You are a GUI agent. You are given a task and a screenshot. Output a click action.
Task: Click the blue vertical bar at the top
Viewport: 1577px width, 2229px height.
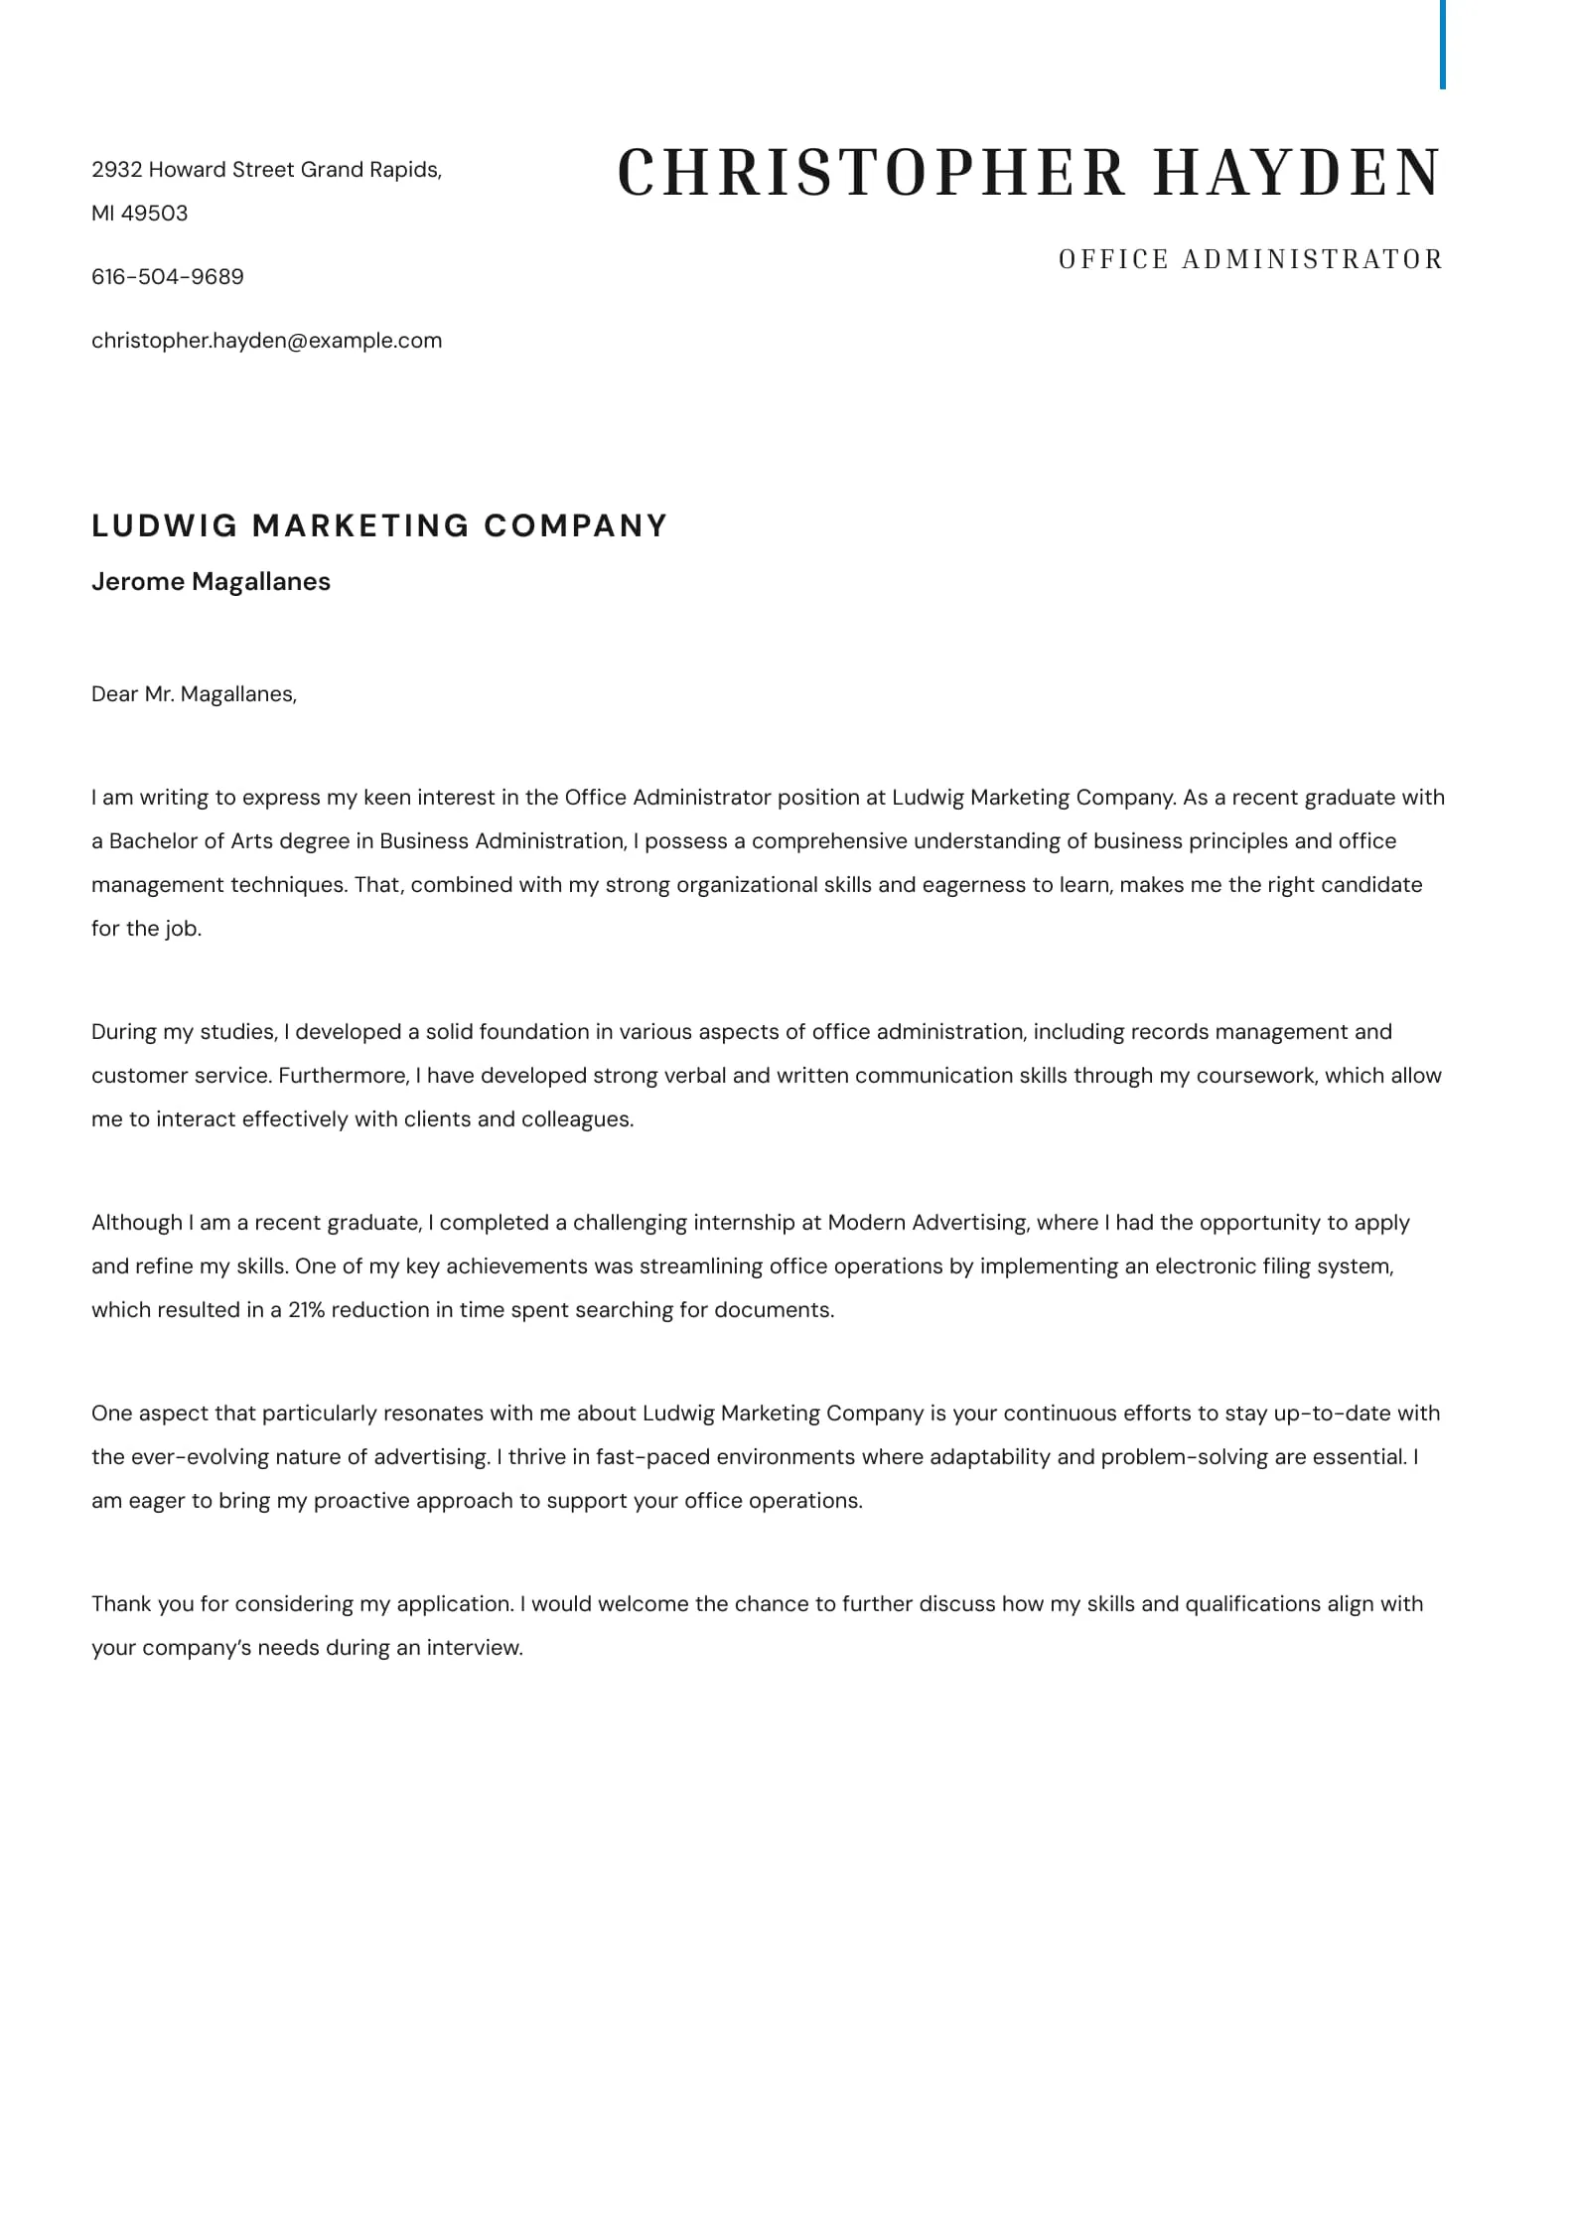(1442, 45)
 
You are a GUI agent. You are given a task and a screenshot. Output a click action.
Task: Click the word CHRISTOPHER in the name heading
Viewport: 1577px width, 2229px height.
(872, 172)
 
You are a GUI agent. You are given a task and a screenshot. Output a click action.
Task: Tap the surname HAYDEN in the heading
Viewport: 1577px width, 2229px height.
(1297, 172)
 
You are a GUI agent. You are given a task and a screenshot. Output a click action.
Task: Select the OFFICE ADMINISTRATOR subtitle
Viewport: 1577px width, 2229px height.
(1250, 259)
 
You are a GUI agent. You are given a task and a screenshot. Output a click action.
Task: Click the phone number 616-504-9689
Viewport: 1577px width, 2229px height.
(168, 277)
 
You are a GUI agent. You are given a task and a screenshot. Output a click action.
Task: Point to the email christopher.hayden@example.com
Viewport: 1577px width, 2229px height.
(266, 341)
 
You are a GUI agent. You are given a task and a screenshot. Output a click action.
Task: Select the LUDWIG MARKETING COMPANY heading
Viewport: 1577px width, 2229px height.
(379, 525)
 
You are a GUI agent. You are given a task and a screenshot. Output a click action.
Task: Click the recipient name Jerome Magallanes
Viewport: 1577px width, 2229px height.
(211, 582)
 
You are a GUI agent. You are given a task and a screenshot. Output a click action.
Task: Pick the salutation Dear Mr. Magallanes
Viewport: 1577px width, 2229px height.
(194, 694)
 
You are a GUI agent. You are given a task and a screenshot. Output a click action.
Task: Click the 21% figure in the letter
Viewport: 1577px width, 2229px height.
(306, 1310)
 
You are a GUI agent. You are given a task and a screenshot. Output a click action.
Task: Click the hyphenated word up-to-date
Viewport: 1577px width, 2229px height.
(1321, 1413)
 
